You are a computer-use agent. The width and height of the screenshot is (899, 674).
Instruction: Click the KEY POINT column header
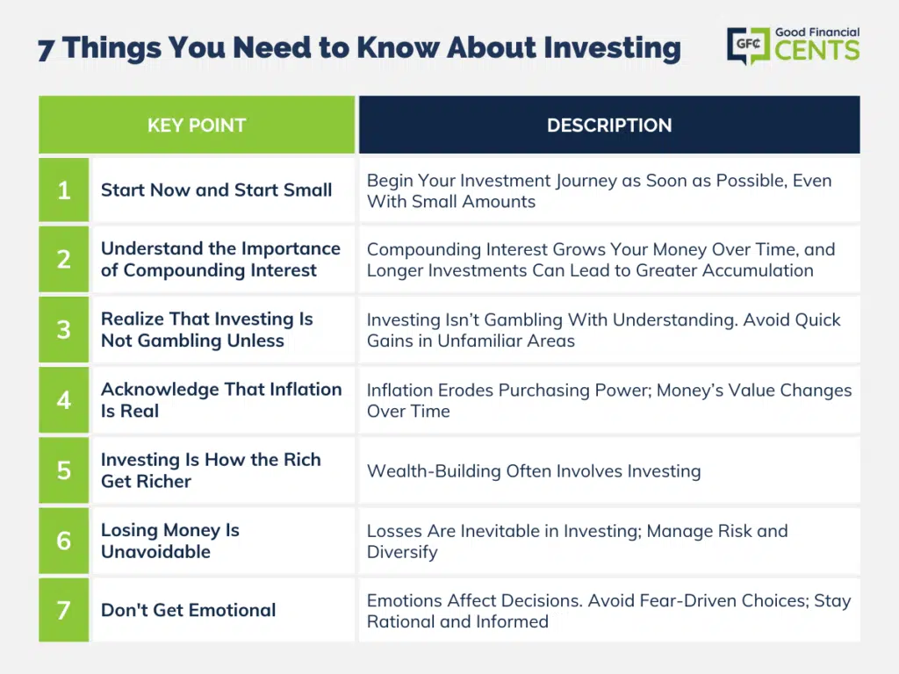[x=197, y=125]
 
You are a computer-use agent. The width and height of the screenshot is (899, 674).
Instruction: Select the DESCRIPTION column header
[x=609, y=125]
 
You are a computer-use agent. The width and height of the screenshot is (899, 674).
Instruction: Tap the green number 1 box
[x=63, y=190]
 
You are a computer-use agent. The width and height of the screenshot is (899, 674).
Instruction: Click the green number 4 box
[x=63, y=400]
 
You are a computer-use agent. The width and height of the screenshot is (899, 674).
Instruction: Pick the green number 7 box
[x=63, y=610]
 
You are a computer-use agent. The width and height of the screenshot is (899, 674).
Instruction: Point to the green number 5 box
[x=63, y=470]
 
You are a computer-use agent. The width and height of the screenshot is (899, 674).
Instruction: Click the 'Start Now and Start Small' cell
[x=217, y=190]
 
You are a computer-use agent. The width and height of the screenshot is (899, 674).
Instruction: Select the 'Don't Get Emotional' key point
[x=189, y=610]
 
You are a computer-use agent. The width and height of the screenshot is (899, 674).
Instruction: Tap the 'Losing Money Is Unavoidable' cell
[x=170, y=541]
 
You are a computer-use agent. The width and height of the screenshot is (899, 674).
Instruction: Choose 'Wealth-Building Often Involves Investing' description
[x=534, y=471]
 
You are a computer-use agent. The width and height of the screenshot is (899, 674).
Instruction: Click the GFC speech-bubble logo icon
[x=748, y=46]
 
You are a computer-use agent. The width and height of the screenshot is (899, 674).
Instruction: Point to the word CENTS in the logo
[x=817, y=50]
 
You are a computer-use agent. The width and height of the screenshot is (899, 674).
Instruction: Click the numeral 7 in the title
[x=47, y=49]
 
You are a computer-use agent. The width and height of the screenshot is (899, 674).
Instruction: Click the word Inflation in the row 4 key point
[x=306, y=389]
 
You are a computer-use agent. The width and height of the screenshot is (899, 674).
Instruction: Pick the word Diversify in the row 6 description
[x=402, y=552]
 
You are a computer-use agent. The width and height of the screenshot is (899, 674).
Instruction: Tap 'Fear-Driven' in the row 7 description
[x=687, y=600]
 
